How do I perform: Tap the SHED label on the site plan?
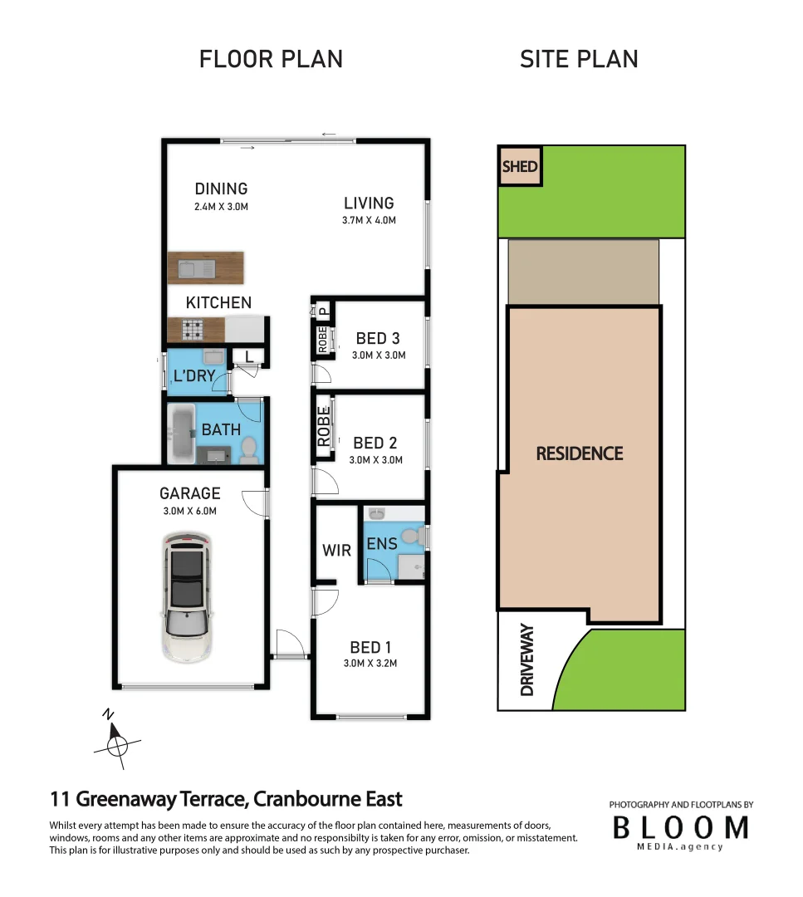520,167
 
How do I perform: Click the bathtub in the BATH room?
180,434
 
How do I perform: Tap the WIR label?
336,550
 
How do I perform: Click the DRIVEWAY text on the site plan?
526,660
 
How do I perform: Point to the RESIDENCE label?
579,453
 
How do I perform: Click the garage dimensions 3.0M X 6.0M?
190,512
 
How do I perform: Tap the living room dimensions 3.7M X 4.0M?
370,221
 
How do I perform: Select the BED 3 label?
378,338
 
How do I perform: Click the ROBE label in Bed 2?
324,425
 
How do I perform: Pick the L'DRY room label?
194,376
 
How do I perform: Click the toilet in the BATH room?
248,450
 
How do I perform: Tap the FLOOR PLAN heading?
271,60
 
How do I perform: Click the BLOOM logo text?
680,827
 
